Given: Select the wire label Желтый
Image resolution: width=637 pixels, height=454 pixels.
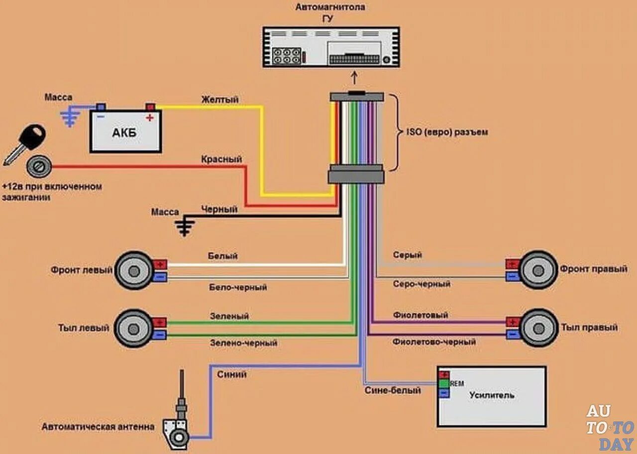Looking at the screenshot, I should pos(219,100).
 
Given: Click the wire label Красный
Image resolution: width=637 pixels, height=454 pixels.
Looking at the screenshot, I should pos(221,159).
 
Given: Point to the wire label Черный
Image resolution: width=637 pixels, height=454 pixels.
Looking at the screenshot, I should pos(219,210).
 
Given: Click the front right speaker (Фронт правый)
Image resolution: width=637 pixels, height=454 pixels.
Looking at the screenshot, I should pos(538,270).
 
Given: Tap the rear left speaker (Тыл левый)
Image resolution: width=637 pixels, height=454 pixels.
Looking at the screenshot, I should pos(133,328).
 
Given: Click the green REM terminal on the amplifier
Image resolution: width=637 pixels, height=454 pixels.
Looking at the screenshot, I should pos(443,383).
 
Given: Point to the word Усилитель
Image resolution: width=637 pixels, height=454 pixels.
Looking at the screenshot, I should pos(492,395).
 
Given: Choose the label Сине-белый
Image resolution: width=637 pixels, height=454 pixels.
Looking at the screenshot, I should pos(393,390).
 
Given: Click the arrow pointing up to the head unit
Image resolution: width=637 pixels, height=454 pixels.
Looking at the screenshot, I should pos(354,78).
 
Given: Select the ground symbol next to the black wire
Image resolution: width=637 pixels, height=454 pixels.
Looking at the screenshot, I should pos(185,227).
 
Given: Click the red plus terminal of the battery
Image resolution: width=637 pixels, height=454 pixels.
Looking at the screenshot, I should pos(150,107).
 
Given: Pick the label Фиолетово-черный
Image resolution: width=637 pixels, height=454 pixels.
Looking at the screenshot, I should pos(434,342).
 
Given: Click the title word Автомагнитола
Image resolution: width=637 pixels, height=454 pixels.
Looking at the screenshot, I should pos(330,7).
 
